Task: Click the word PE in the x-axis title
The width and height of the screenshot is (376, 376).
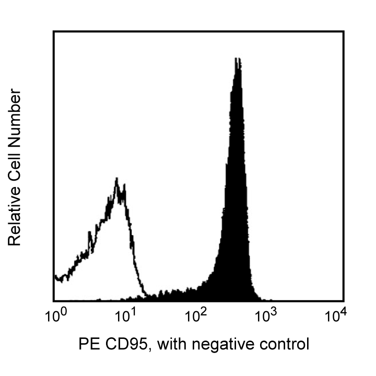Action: (x=88, y=344)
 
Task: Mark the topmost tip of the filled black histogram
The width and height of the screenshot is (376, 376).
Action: (x=237, y=58)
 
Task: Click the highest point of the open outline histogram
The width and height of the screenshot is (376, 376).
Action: (x=117, y=179)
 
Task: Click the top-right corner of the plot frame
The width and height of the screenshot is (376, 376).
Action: (x=343, y=31)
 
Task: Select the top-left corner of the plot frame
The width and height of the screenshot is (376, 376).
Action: (x=54, y=31)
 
